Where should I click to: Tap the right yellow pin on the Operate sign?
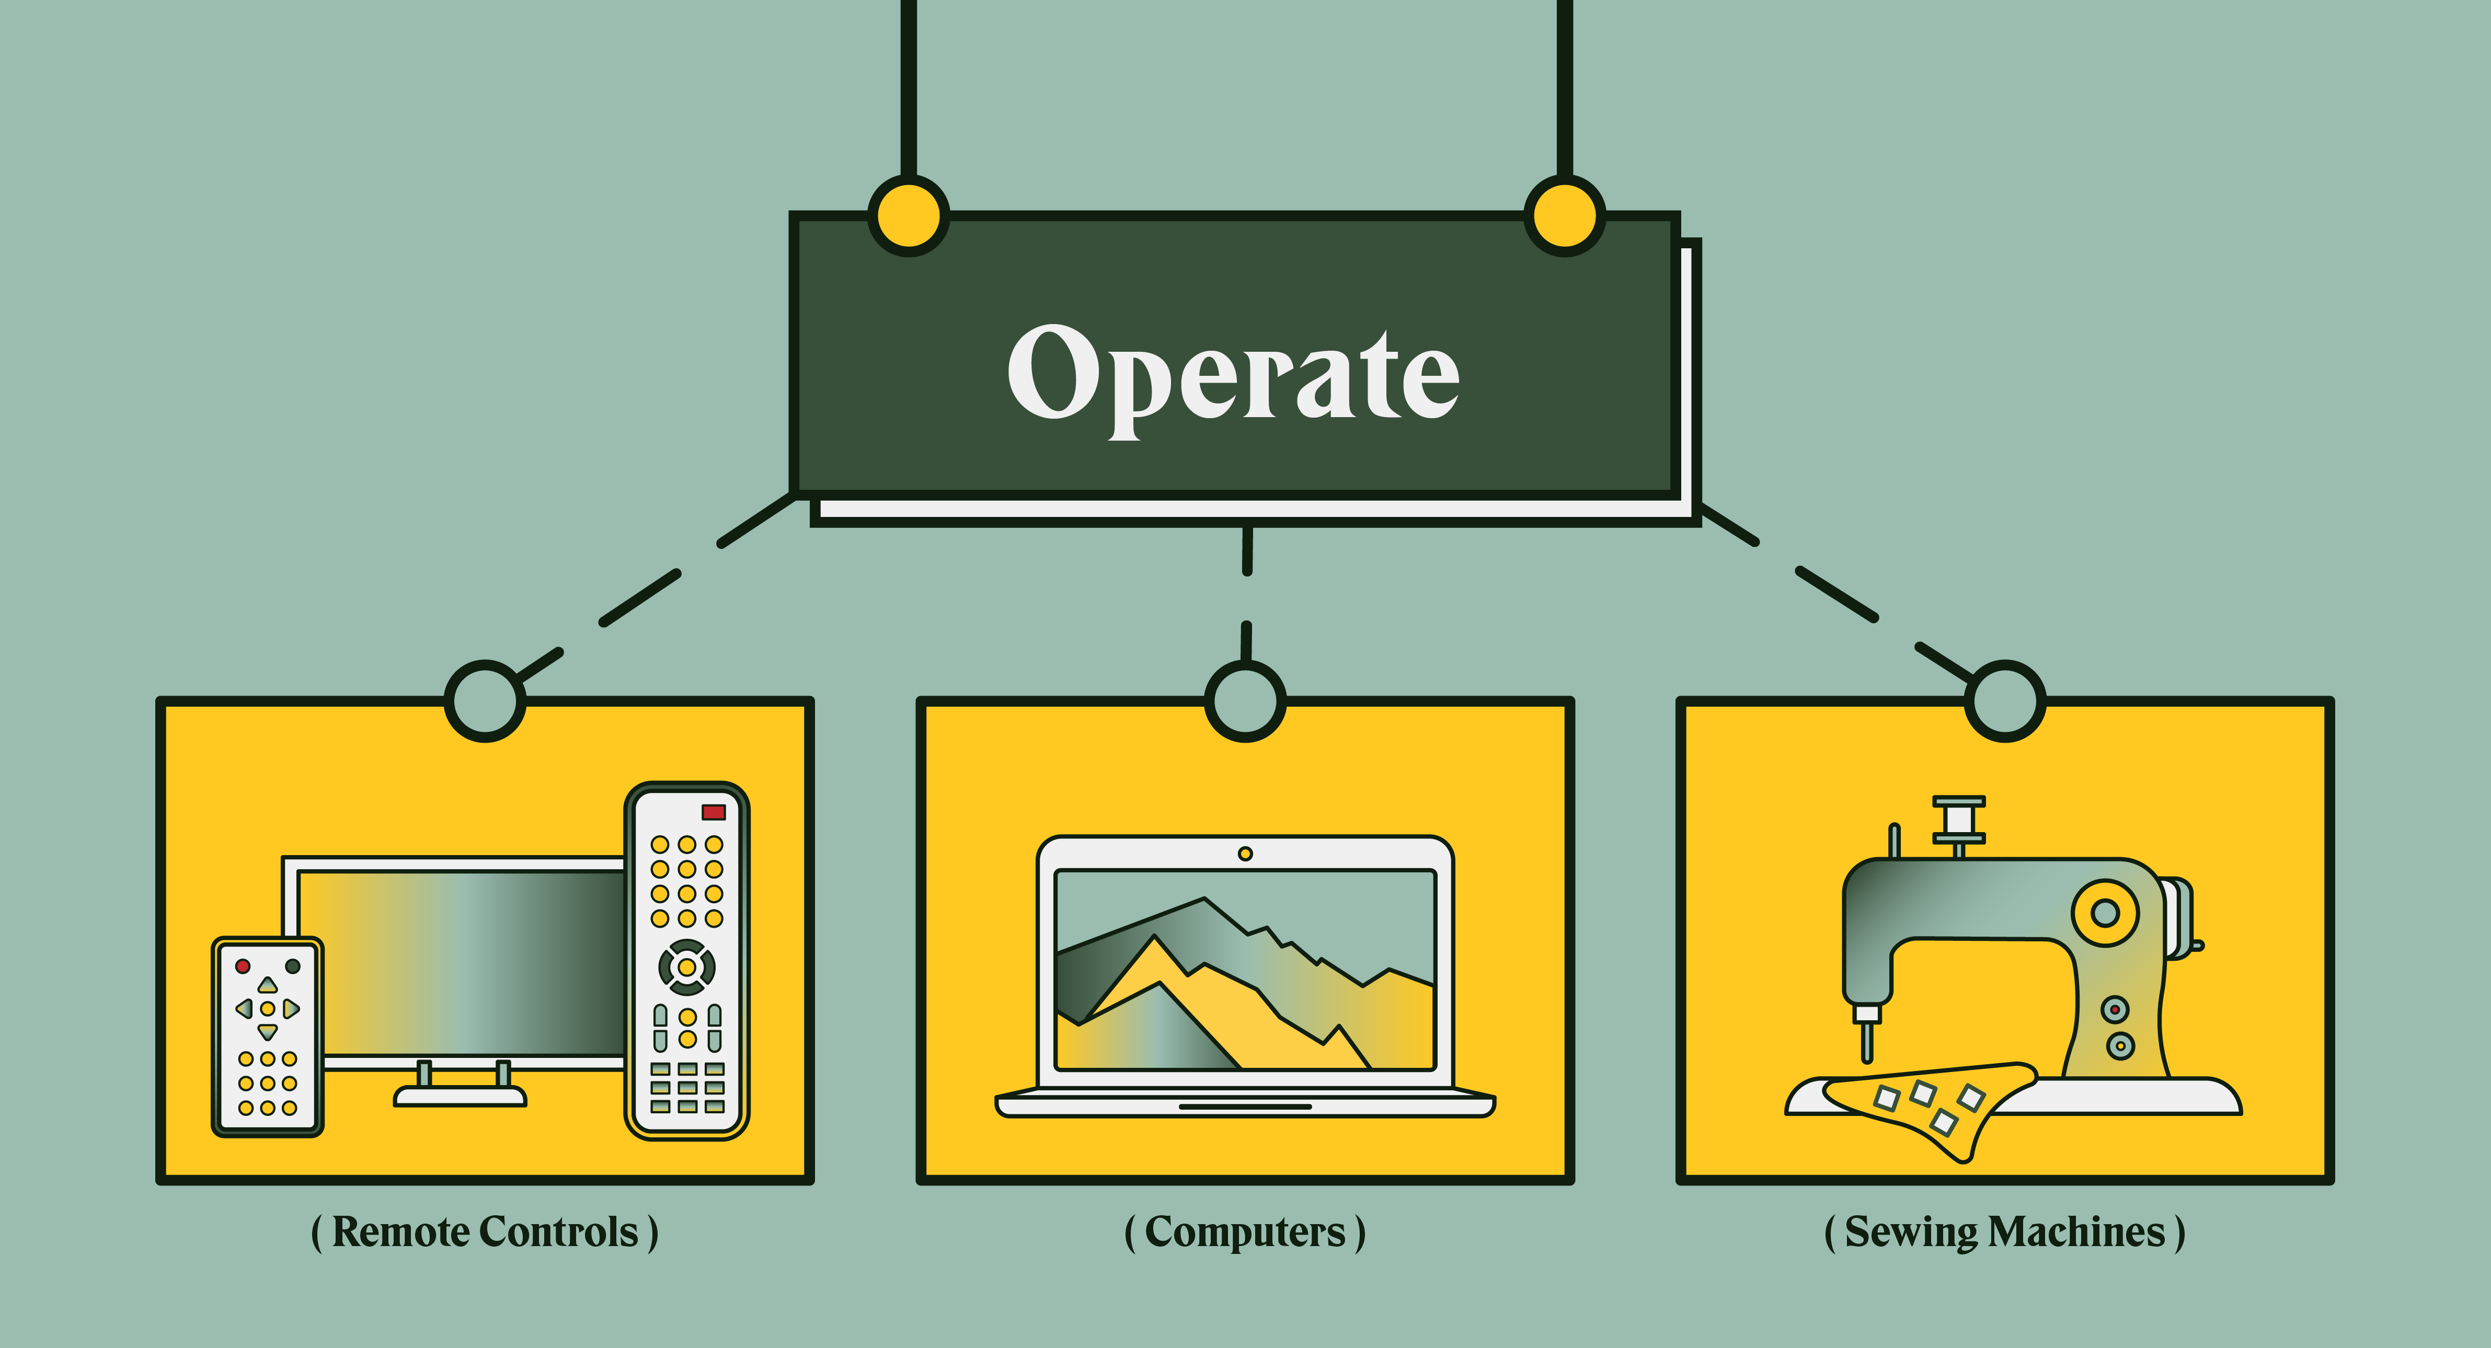tap(1564, 216)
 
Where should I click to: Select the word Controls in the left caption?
tap(559, 1232)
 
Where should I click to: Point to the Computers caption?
tap(1245, 1232)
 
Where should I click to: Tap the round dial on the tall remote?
tap(686, 966)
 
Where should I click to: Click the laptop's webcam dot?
tap(1245, 854)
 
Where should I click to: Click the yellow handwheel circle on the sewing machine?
tap(2105, 912)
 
